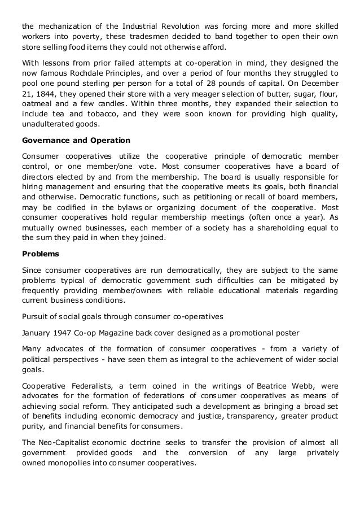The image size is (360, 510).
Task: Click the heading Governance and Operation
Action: pyautogui.click(x=76, y=140)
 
